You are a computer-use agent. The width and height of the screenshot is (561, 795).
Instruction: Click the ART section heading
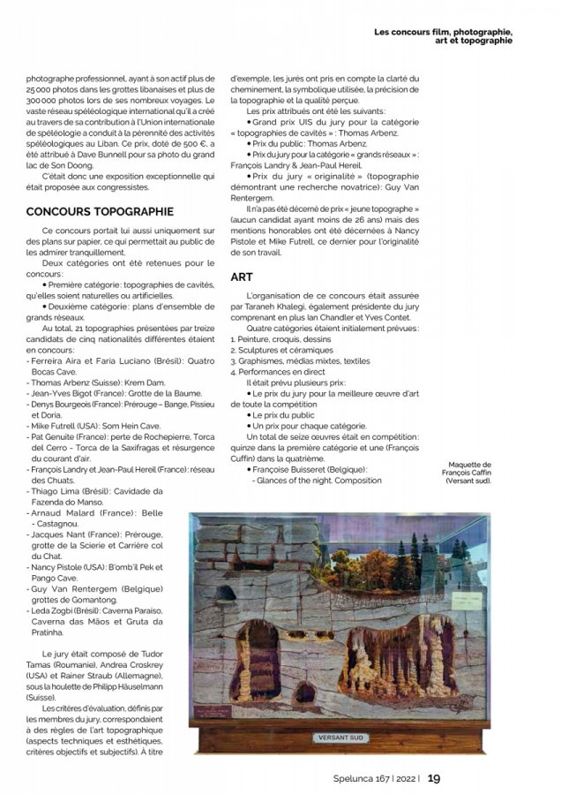coord(242,276)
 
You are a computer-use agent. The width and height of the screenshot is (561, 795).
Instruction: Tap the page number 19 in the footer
coord(433,778)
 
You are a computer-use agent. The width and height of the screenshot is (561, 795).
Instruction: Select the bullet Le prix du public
coord(286,413)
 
